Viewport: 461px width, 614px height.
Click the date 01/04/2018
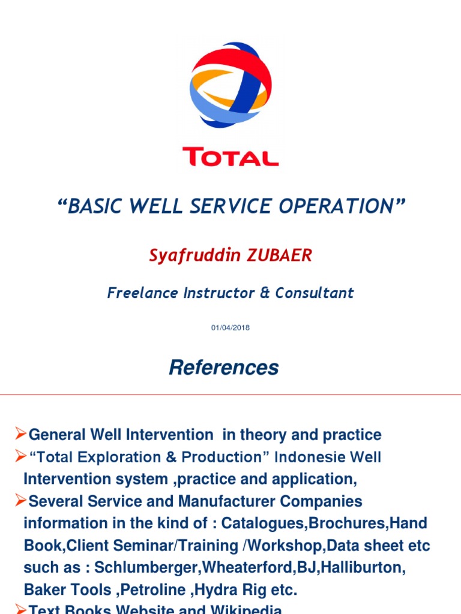pos(230,328)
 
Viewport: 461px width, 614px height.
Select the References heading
pos(224,368)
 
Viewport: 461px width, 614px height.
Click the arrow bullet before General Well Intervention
pos(20,434)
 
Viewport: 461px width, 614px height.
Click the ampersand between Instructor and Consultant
pos(266,293)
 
